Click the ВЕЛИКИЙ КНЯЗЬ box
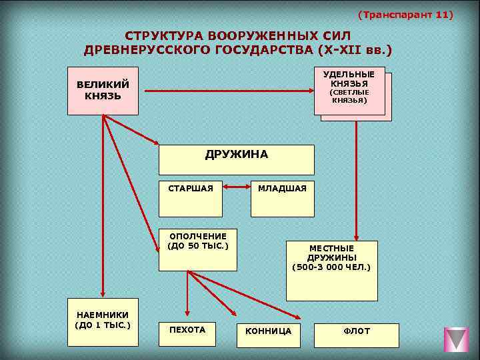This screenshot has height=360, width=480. tap(103, 91)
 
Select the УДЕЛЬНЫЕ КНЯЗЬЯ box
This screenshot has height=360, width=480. tap(349, 91)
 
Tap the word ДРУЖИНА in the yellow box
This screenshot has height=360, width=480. tap(236, 155)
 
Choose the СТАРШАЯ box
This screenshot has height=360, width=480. tap(191, 198)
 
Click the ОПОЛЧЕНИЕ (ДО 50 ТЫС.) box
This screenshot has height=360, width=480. tap(197, 250)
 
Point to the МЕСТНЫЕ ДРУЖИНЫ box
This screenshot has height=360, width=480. tap(331, 270)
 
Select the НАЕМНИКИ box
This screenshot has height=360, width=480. tap(103, 321)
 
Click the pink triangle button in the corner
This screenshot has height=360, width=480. tap(457, 338)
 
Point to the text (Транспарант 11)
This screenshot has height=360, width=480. tap(405, 14)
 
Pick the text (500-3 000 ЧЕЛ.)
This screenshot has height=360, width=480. tap(331, 267)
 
